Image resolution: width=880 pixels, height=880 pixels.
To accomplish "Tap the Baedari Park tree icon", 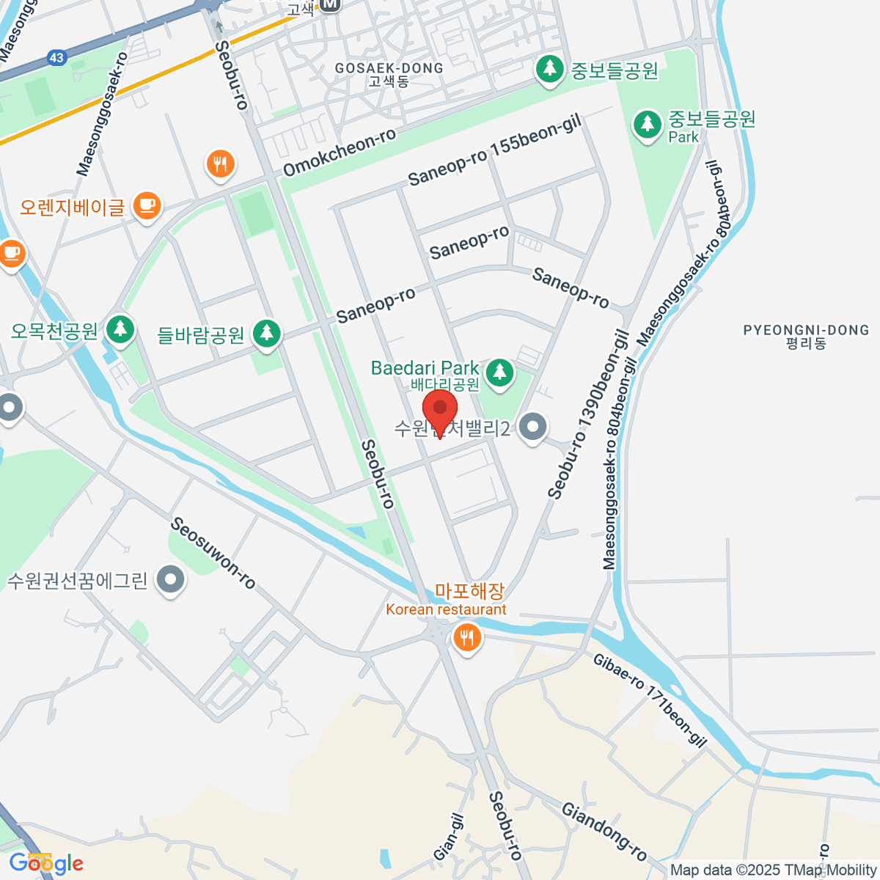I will [500, 371].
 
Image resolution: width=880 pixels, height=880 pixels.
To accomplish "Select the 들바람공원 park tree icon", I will [266, 334].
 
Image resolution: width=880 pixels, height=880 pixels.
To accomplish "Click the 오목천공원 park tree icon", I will [120, 329].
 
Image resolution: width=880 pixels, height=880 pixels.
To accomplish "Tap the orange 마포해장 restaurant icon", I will [466, 637].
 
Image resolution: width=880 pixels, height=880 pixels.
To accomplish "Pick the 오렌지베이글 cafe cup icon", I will [147, 205].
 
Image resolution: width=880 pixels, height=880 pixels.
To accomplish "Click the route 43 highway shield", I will [56, 57].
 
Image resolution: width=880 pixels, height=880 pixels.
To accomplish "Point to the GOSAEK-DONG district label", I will [389, 68].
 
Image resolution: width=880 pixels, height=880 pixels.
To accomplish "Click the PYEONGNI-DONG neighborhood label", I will [806, 331].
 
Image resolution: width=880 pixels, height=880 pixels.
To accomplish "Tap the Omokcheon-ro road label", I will [340, 153].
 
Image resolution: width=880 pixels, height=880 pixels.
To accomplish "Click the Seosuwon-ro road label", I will [213, 553].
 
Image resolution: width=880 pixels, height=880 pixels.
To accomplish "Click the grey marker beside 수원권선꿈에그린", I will [171, 580].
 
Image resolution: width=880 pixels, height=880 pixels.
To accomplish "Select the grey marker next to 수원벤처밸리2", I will [532, 427].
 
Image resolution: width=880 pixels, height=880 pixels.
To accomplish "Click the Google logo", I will [45, 863].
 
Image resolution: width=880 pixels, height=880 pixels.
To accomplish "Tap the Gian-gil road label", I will [449, 837].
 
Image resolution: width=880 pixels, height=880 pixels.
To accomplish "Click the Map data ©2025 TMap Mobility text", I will [773, 870].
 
